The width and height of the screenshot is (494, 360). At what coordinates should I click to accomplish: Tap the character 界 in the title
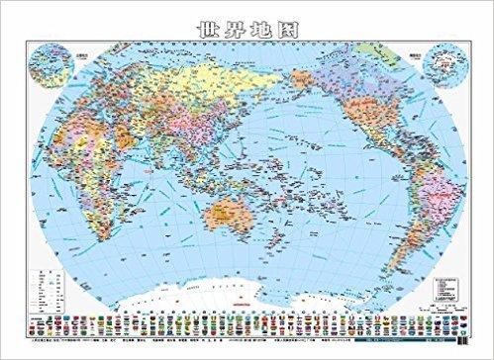click(x=234, y=18)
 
